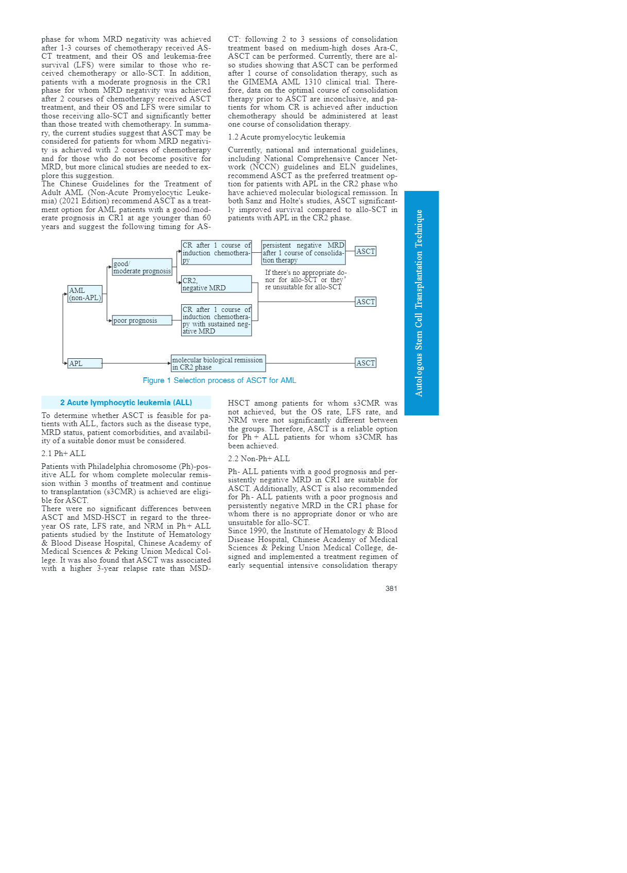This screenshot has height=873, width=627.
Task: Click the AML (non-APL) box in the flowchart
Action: click(85, 294)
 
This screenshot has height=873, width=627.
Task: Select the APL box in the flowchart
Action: click(85, 363)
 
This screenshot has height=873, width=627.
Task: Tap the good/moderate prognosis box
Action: click(142, 267)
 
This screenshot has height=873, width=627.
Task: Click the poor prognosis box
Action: click(142, 320)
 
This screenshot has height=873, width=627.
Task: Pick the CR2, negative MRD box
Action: click(216, 284)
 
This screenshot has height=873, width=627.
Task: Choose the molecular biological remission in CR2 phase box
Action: click(218, 363)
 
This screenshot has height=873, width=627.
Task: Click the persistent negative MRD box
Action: click(303, 253)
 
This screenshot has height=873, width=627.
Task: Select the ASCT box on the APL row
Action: click(365, 363)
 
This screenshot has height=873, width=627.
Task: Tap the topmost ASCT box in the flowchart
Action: click(365, 251)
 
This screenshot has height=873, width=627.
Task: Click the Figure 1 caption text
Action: click(219, 380)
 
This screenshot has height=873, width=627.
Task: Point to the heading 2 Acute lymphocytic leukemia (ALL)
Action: click(126, 403)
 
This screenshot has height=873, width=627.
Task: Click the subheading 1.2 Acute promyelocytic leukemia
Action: click(287, 137)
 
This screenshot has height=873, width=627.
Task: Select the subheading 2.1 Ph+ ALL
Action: click(64, 453)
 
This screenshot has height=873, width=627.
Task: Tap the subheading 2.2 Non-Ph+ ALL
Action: click(259, 459)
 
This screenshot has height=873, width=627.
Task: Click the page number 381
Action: click(391, 588)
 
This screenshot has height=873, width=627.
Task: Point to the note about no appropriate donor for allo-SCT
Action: click(305, 280)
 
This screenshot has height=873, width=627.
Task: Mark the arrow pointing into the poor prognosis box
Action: click(110, 320)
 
